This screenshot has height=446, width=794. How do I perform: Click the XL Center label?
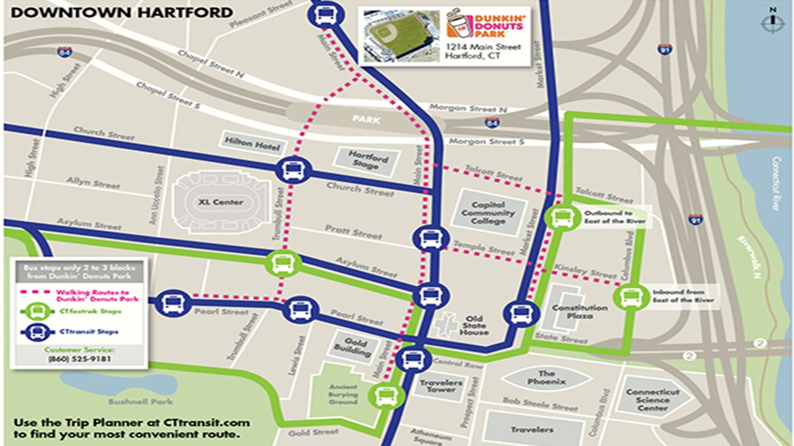click(221, 202)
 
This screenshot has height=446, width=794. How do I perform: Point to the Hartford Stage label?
click(367, 160)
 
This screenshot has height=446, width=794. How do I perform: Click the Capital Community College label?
click(488, 213)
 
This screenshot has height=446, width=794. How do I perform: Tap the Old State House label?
click(474, 326)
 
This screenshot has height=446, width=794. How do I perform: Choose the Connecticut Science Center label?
click(652, 400)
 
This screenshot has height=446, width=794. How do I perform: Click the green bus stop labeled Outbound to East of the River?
click(561, 217)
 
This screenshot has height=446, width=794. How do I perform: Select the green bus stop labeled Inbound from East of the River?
click(630, 297)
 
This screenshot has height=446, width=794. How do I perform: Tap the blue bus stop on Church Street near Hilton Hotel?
click(293, 170)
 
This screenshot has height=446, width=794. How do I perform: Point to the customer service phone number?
click(79, 359)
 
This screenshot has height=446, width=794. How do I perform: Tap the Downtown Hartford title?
click(121, 12)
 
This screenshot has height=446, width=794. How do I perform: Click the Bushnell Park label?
click(141, 401)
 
